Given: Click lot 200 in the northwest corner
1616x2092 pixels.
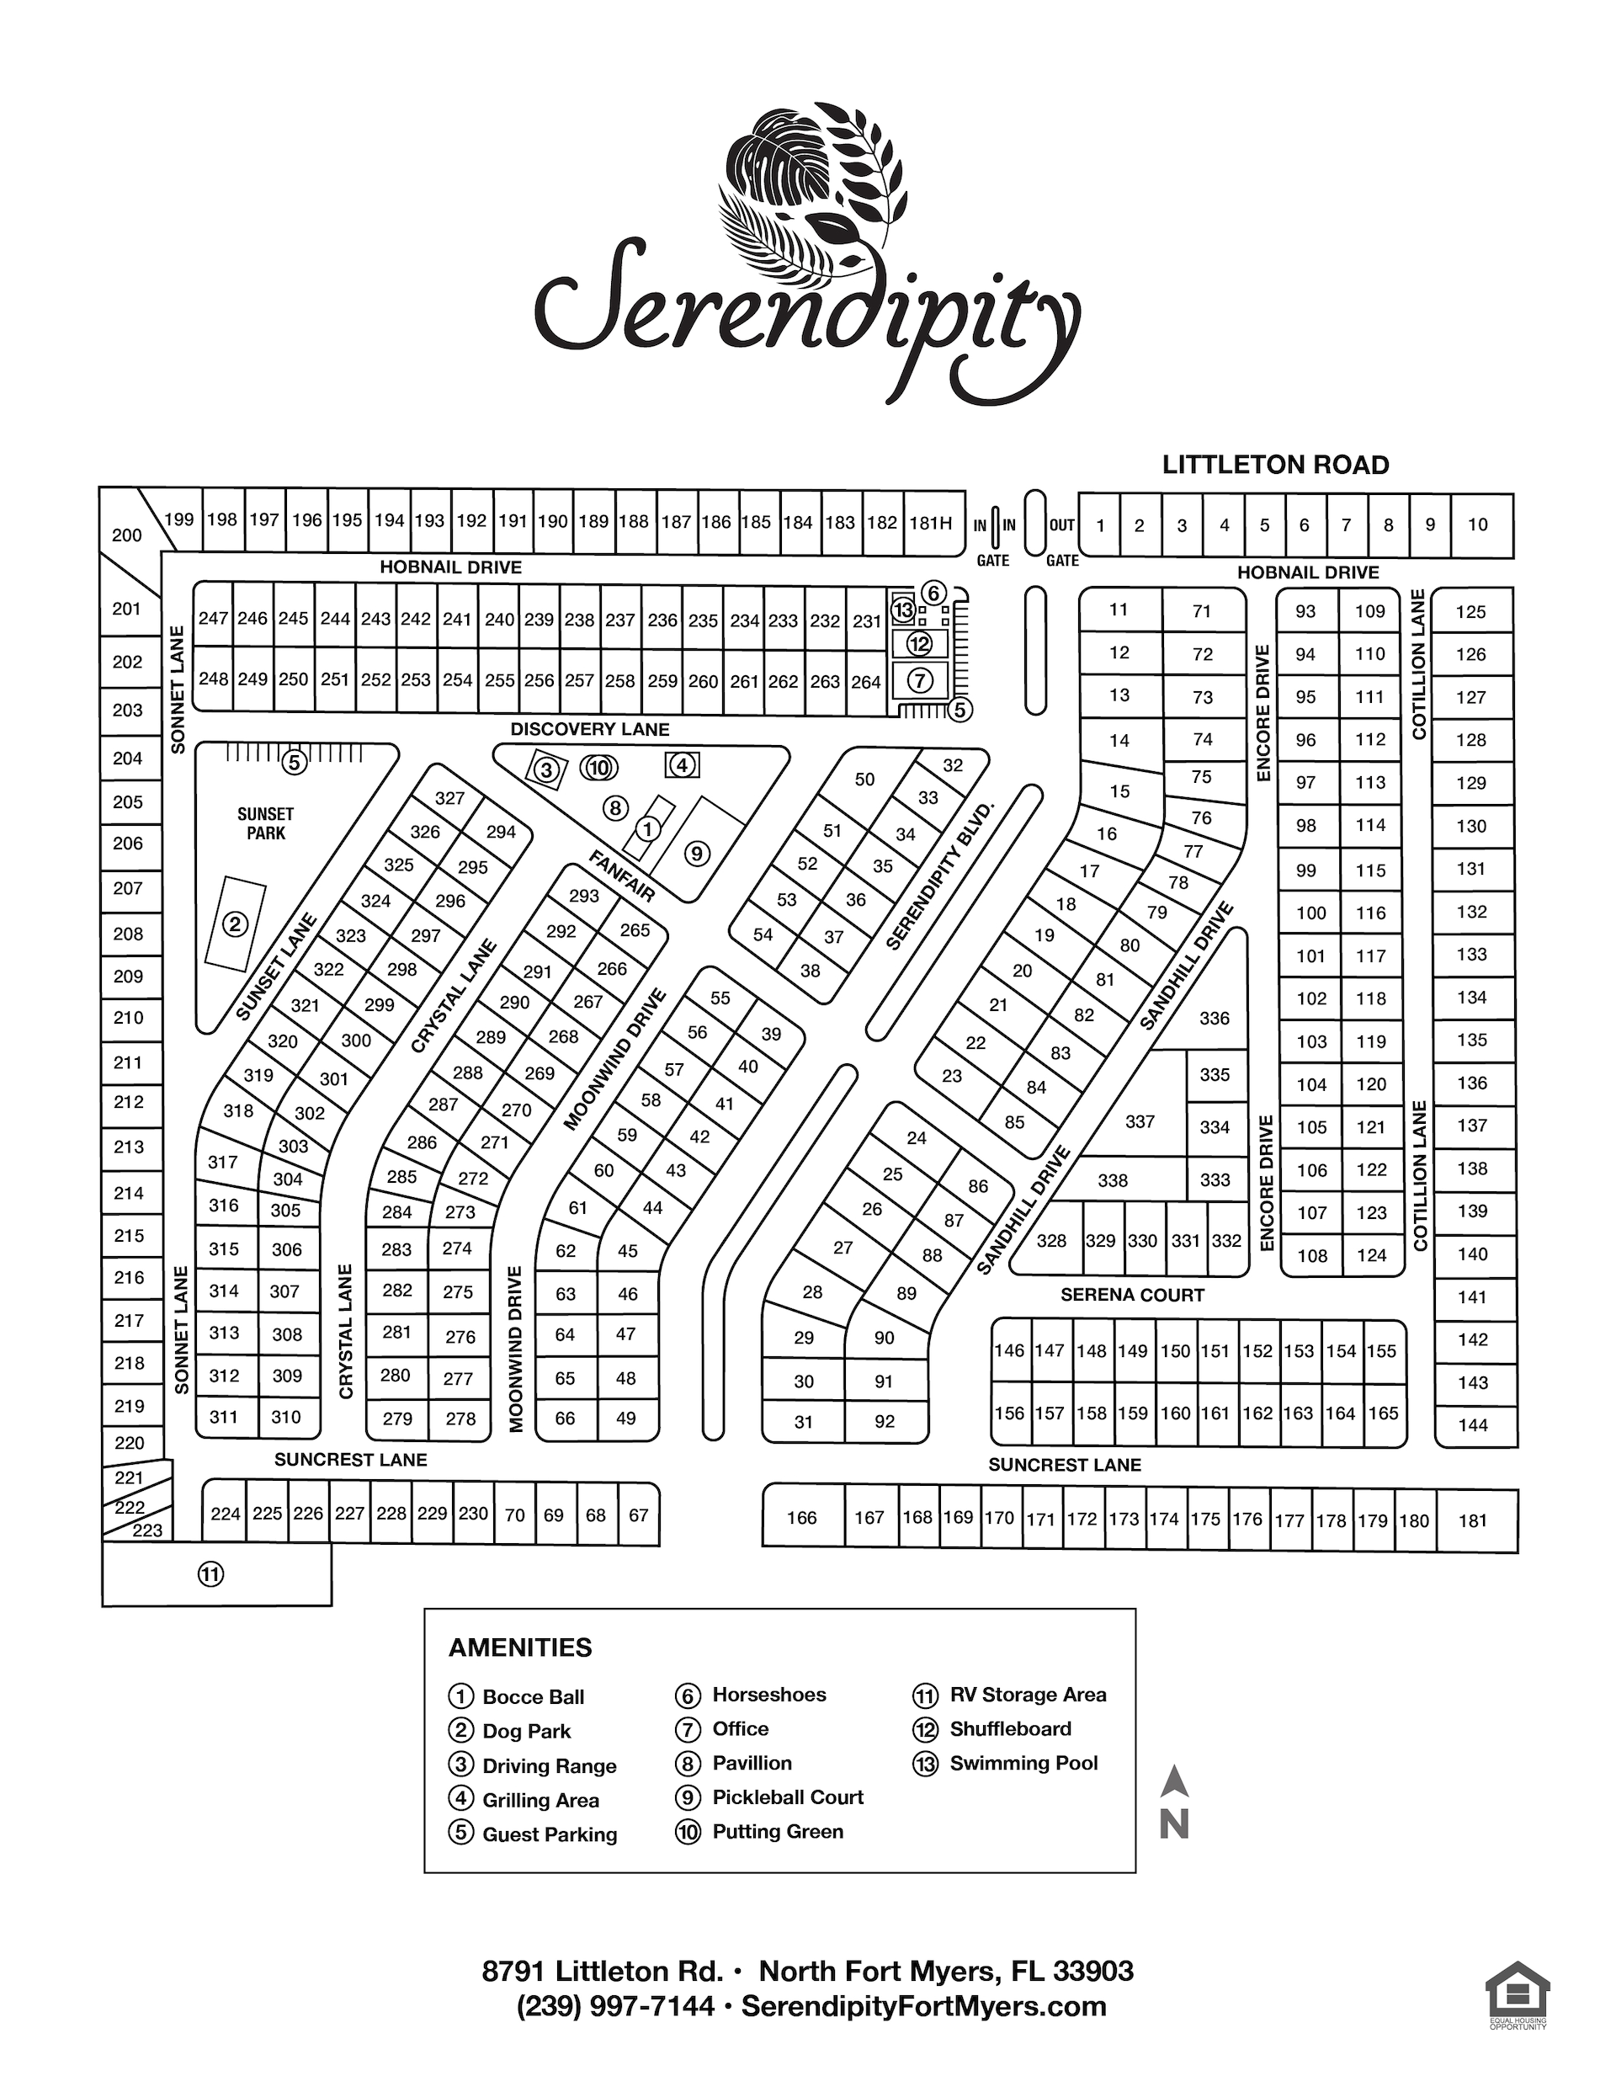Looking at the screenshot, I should pyautogui.click(x=126, y=535).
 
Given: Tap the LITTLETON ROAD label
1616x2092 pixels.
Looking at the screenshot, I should pyautogui.click(x=1275, y=466).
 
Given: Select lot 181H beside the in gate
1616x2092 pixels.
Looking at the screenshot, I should pyautogui.click(x=930, y=523).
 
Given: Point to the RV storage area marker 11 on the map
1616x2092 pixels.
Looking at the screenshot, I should pyautogui.click(x=210, y=1573).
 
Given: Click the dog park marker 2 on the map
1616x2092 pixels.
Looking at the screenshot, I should pyautogui.click(x=235, y=924).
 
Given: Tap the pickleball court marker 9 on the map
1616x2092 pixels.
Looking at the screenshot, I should pyautogui.click(x=696, y=854).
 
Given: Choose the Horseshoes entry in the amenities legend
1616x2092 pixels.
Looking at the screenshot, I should pyautogui.click(x=768, y=1695).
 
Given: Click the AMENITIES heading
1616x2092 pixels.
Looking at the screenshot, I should pyautogui.click(x=520, y=1648).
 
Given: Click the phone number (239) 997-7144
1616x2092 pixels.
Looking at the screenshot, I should pyautogui.click(x=615, y=2006).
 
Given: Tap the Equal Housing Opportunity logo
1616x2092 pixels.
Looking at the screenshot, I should pyautogui.click(x=1518, y=1995).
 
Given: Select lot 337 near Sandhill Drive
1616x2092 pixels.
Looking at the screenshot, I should pyautogui.click(x=1139, y=1121).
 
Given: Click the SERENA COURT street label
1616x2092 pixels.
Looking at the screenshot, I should pyautogui.click(x=1131, y=1295).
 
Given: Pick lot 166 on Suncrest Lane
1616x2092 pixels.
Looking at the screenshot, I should pyautogui.click(x=802, y=1517).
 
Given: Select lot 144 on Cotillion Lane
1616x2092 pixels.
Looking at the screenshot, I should pyautogui.click(x=1472, y=1425).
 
